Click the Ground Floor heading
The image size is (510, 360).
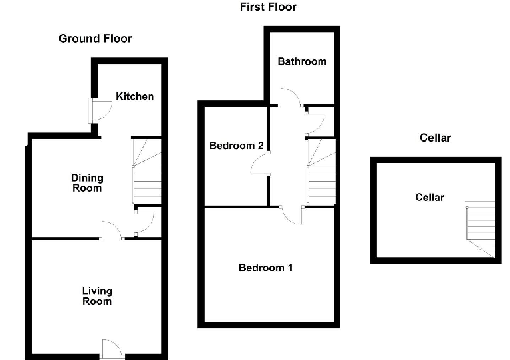[x=95, y=39]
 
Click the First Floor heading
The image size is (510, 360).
[x=268, y=7]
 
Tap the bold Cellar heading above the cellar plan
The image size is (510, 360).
[x=435, y=138]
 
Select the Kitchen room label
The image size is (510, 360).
[x=135, y=96]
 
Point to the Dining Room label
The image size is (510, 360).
[x=88, y=182]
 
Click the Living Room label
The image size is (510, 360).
[x=97, y=296]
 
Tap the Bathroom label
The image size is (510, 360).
[x=302, y=61]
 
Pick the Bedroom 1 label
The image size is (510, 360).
[x=266, y=268]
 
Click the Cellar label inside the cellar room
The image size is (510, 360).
[x=430, y=197]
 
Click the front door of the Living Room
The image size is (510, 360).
[x=112, y=349]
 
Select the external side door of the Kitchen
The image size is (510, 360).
[x=100, y=110]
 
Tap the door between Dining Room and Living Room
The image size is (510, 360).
[x=111, y=230]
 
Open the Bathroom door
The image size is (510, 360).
[x=289, y=98]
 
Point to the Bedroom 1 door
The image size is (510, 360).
[x=291, y=214]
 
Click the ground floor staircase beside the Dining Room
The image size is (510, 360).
[x=147, y=171]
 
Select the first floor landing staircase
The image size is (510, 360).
[x=320, y=172]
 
